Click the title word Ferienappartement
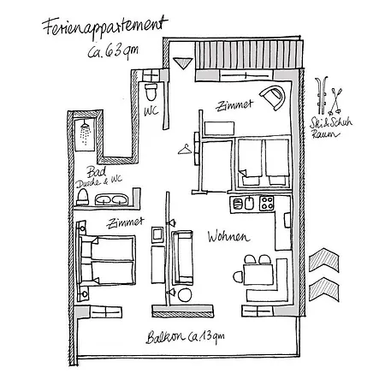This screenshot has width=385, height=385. coord(105,27)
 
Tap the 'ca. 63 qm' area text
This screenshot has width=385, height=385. coord(113,51)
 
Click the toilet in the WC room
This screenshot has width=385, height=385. coord(151,92)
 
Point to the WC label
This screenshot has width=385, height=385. coord(151,111)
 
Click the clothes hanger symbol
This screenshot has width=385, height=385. coord(185,150)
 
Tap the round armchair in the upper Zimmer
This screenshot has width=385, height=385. coord(273,98)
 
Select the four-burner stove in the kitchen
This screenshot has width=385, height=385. coord(267,204)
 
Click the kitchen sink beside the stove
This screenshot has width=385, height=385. coord(249,204)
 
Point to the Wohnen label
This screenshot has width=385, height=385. coord(228,237)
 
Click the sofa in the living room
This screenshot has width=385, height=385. coord(182,258)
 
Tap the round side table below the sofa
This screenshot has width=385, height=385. coord(185,295)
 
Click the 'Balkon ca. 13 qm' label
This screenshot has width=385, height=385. coord(186,337)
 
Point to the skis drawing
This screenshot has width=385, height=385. coord(323,95)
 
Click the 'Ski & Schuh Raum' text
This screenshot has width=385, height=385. coord(331,127)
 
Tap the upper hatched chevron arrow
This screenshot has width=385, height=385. coord(324,259)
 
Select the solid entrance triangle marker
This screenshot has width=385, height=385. coord(182,63)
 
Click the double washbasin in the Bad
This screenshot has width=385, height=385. coord(111,199)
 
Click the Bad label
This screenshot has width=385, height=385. coord(97,172)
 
